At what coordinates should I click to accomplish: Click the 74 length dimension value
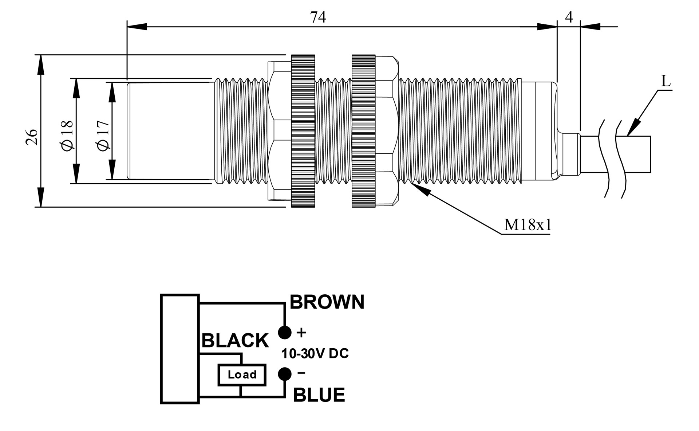pyautogui.click(x=318, y=17)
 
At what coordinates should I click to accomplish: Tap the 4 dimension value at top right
pyautogui.click(x=569, y=17)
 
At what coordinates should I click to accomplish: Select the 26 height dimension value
pyautogui.click(x=32, y=137)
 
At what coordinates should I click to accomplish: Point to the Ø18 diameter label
pyautogui.click(x=68, y=135)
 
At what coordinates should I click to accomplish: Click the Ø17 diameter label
pyautogui.click(x=103, y=135)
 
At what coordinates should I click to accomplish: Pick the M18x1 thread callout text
pyautogui.click(x=528, y=225)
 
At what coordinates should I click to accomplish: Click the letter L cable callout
pyautogui.click(x=666, y=81)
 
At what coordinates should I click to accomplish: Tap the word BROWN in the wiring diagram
pyautogui.click(x=327, y=302)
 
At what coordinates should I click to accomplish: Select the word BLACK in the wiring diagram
pyautogui.click(x=235, y=341)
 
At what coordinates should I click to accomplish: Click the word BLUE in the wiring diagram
pyautogui.click(x=319, y=395)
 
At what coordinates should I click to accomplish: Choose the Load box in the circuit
pyautogui.click(x=242, y=375)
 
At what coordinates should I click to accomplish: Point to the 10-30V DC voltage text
pyautogui.click(x=315, y=353)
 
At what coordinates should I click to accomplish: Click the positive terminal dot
pyautogui.click(x=285, y=332)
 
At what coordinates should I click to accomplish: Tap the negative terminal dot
pyautogui.click(x=285, y=374)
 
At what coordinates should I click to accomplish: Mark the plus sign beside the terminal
pyautogui.click(x=301, y=332)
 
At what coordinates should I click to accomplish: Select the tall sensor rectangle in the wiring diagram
pyautogui.click(x=180, y=349)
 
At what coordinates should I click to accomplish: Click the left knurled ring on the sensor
pyautogui.click(x=303, y=131)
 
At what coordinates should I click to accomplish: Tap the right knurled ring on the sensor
pyautogui.click(x=363, y=131)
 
